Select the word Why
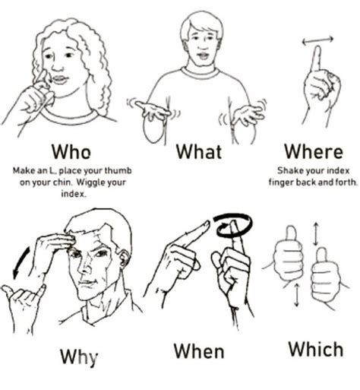pos(78,356)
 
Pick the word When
pos(199,351)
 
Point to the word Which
pos(316,349)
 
